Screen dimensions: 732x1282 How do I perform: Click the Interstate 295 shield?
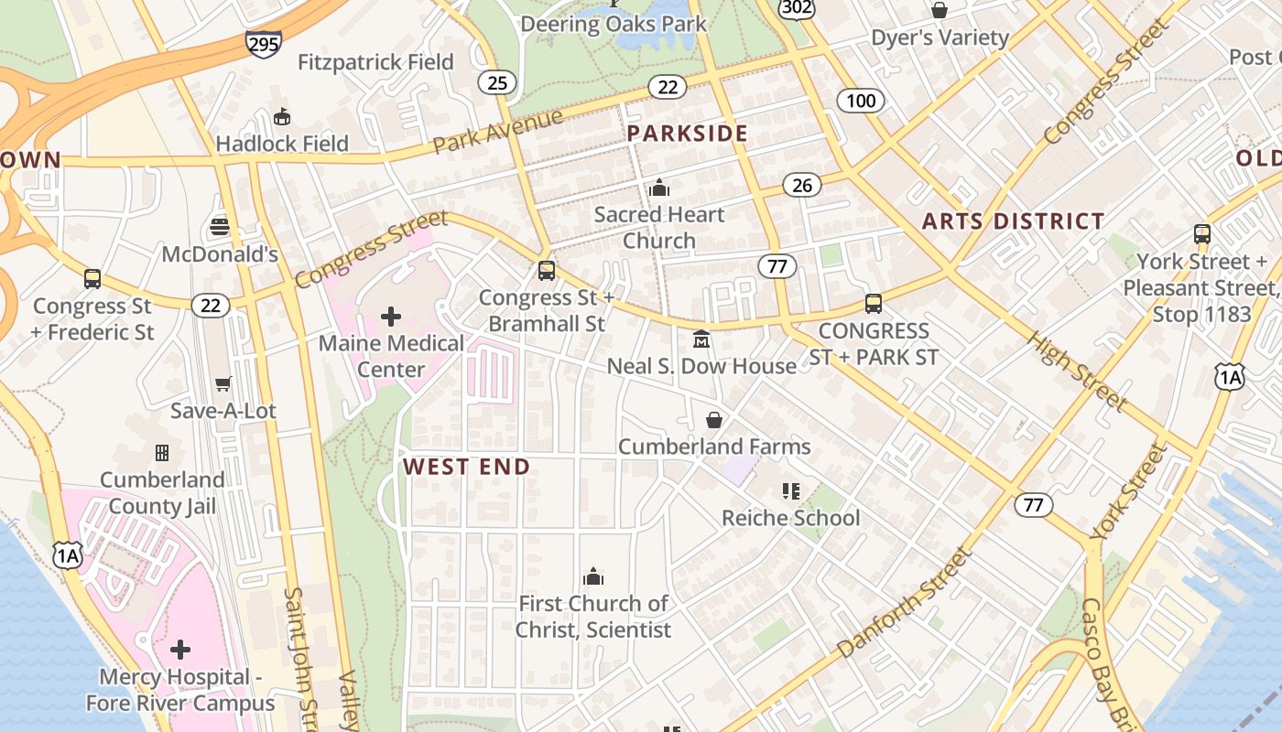(263, 43)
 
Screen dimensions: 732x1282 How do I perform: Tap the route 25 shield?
(497, 83)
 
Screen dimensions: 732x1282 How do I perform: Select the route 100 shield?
(861, 100)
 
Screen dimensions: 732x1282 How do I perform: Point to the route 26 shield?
(802, 186)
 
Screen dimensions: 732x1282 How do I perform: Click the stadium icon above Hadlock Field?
(282, 117)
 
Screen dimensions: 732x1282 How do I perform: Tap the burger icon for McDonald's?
(220, 226)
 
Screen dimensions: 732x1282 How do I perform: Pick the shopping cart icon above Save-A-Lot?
(223, 383)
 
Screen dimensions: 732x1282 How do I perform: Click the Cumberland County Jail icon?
(162, 453)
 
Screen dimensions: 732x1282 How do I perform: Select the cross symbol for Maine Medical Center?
(391, 317)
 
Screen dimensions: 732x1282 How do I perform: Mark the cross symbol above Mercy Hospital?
(180, 650)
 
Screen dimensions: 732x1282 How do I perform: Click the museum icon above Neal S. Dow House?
(701, 339)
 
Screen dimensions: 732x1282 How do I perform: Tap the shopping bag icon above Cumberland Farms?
(714, 420)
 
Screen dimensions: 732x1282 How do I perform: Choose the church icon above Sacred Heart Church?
(659, 188)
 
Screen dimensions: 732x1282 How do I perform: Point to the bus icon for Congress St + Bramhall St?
(547, 271)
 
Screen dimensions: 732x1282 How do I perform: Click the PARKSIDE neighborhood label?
(688, 134)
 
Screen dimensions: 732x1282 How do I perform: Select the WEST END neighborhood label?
(467, 467)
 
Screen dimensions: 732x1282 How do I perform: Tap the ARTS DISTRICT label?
(1013, 221)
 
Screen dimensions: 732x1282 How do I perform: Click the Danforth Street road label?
(903, 601)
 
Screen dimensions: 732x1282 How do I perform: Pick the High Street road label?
(1076, 370)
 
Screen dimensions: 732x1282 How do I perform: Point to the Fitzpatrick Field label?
(375, 62)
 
